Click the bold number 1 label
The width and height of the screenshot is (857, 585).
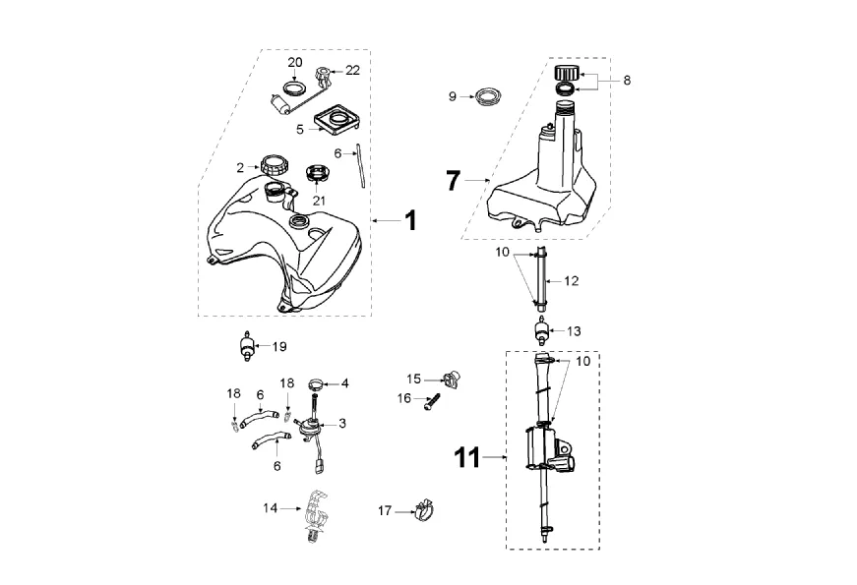click(x=410, y=220)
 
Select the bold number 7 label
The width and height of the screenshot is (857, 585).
click(x=453, y=180)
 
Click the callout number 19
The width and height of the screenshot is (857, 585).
click(x=279, y=346)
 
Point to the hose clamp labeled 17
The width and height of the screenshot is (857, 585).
click(x=423, y=509)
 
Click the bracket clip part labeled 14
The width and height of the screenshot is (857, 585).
click(x=316, y=513)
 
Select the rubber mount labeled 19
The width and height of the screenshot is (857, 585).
click(x=244, y=346)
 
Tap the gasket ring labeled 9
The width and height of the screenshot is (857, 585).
click(x=485, y=96)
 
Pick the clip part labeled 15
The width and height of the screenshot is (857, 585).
click(x=455, y=376)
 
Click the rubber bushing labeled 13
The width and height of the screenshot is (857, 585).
click(x=540, y=329)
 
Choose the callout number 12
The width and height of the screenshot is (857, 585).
click(x=572, y=280)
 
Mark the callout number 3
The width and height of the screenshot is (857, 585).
click(x=342, y=423)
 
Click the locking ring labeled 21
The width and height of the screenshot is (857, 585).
click(x=319, y=174)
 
